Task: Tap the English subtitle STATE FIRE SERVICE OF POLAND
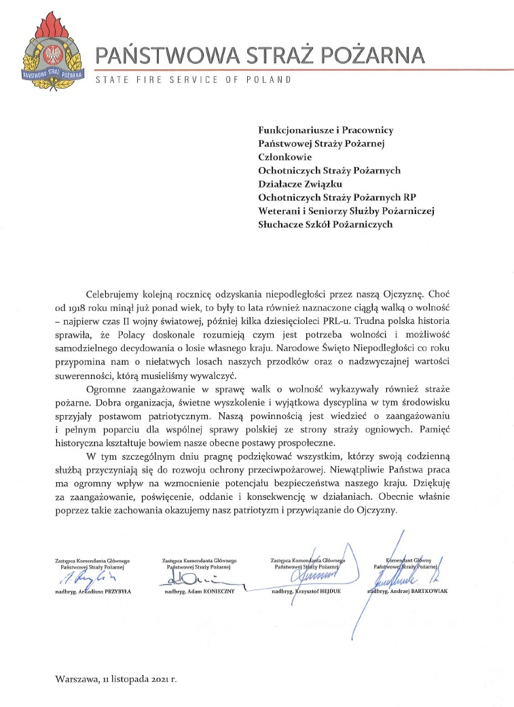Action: click(194, 80)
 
